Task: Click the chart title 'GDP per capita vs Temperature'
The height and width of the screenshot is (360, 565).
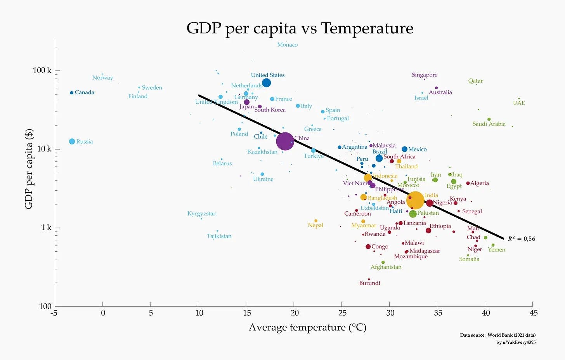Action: (x=300, y=28)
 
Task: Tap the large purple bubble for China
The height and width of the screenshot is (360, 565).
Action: (x=285, y=141)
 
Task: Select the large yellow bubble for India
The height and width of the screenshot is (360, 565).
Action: (x=415, y=200)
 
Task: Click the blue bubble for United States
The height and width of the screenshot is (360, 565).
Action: (x=266, y=83)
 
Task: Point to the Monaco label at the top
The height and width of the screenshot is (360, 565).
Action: (x=288, y=45)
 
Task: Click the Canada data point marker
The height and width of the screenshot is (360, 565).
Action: (x=72, y=93)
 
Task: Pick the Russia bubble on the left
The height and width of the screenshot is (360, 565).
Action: (x=72, y=141)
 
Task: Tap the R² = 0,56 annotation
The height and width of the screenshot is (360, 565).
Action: (x=521, y=239)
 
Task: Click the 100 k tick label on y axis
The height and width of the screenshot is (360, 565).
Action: (x=42, y=70)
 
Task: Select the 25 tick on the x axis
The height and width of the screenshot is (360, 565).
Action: (x=342, y=313)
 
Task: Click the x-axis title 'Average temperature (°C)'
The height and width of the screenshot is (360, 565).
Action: (x=307, y=327)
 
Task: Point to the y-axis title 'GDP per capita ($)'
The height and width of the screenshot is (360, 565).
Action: (x=29, y=169)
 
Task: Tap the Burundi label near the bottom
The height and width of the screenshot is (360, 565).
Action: (x=369, y=283)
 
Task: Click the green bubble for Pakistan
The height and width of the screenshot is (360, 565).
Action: (x=413, y=214)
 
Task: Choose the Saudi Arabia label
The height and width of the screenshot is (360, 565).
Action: (x=489, y=124)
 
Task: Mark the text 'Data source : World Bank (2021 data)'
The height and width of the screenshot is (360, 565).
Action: (x=497, y=335)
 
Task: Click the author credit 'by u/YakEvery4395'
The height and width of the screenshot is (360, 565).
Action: (x=516, y=342)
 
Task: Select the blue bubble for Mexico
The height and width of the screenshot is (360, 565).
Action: (x=404, y=149)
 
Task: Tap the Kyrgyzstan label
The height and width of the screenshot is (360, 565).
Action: (x=202, y=214)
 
